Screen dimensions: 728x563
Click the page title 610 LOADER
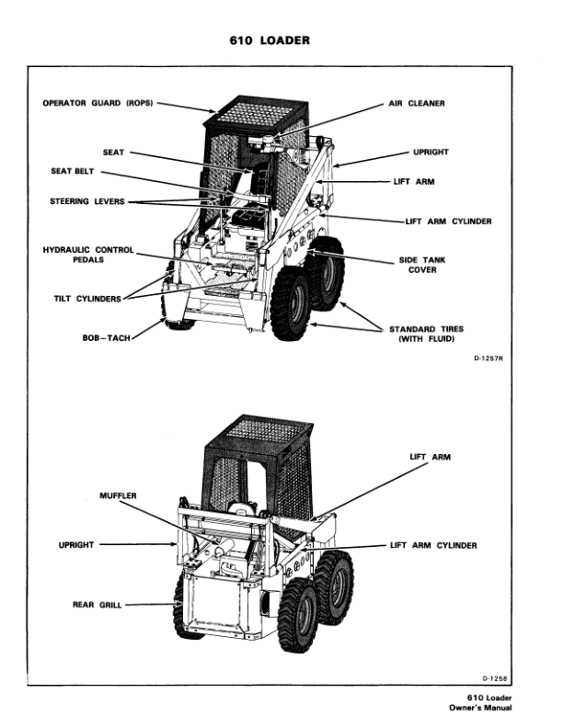(x=281, y=41)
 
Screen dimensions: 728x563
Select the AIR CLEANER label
(x=415, y=104)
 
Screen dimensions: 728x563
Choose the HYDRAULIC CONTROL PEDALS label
(x=88, y=255)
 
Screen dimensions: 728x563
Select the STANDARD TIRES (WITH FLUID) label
(x=426, y=334)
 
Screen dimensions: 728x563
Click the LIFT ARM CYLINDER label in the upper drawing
(x=448, y=222)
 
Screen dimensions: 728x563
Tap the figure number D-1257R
(x=485, y=374)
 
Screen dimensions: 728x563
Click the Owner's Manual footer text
(x=483, y=707)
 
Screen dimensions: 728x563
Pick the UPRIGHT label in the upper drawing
(x=431, y=152)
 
